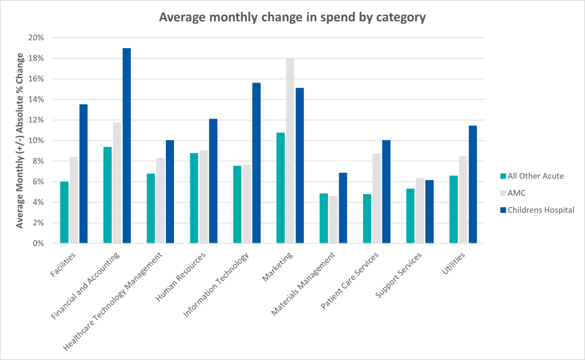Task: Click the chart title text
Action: pos(292,17)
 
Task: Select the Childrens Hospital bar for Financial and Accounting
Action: pos(127,146)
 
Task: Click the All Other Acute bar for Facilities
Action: pos(64,212)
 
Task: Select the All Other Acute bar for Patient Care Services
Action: pos(367,218)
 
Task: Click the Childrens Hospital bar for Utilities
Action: pos(473,185)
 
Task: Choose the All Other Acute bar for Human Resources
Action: pos(194,198)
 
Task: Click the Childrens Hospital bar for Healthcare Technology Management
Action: pos(170,192)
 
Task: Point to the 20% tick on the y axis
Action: pos(36,37)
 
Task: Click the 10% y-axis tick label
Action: pos(36,140)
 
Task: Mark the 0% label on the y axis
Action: pos(37,243)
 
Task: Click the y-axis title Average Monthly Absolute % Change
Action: pos(20,140)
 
